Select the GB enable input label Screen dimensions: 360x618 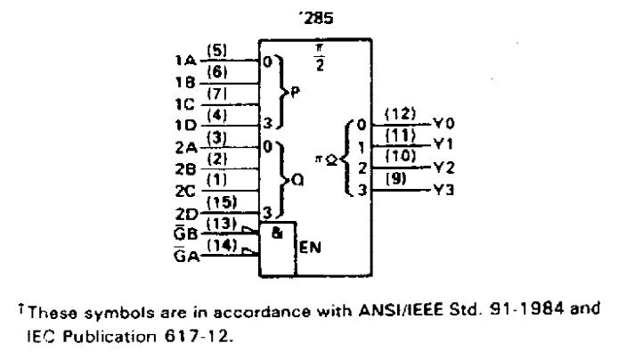pos(185,233)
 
